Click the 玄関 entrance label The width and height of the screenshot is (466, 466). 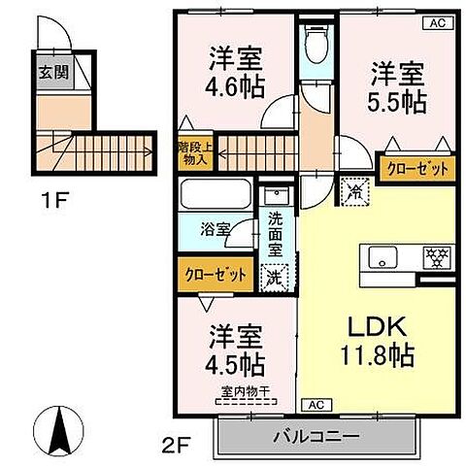[52, 73]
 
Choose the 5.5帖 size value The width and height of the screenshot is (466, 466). [396, 99]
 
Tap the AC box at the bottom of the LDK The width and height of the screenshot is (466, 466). [315, 403]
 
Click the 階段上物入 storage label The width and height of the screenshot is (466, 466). [189, 152]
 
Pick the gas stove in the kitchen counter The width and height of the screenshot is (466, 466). [434, 259]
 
